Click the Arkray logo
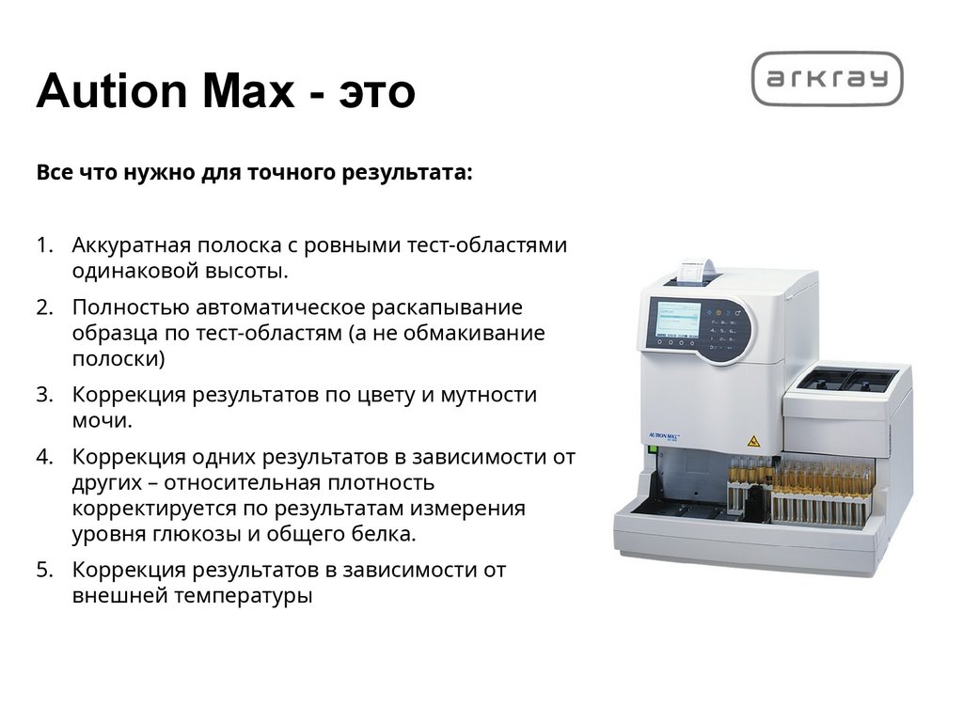tap(827, 79)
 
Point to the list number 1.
tap(44, 245)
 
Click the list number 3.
tap(44, 394)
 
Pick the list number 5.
tap(44, 570)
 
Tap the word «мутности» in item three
tap(489, 394)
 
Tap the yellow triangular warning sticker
tap(751, 440)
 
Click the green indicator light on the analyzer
tap(650, 452)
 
